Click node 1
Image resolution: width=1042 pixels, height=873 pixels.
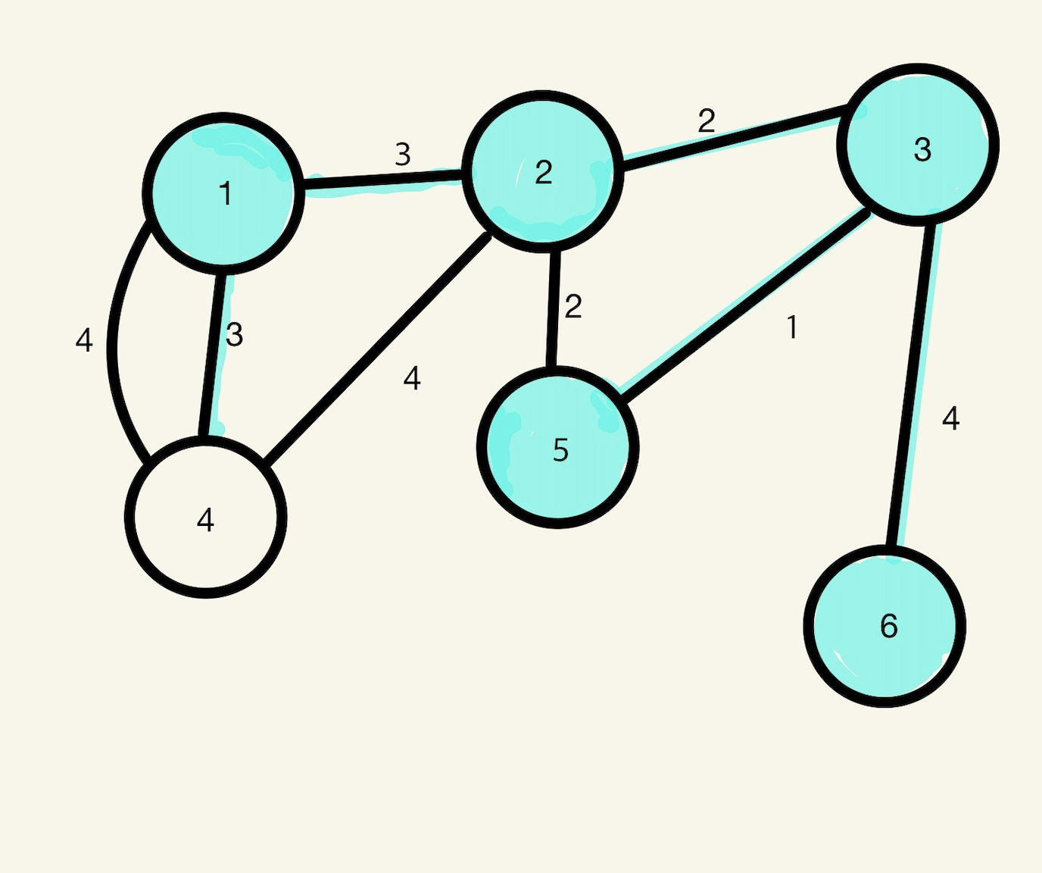[223, 193]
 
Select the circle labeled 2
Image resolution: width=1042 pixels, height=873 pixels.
[543, 172]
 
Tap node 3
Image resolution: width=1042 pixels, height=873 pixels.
[918, 145]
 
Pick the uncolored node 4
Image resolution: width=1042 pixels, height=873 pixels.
[205, 517]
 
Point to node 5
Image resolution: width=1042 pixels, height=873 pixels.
[558, 447]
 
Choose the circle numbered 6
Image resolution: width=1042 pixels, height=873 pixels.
[884, 626]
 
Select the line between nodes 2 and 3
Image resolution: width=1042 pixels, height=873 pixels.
[733, 137]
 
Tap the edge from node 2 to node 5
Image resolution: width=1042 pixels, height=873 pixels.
[554, 309]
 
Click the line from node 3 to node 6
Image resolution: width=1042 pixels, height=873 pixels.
[911, 385]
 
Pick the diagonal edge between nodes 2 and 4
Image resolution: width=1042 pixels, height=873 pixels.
[377, 348]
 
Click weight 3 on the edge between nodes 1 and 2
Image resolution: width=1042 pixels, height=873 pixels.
[403, 155]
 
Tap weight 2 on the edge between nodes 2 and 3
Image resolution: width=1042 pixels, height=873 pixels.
[707, 120]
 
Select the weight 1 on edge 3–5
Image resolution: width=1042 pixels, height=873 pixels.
[792, 327]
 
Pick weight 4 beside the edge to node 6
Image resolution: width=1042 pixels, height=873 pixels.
[951, 418]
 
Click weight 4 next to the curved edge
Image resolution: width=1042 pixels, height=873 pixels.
[84, 340]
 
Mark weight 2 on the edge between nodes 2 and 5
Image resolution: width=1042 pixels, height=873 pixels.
[573, 306]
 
